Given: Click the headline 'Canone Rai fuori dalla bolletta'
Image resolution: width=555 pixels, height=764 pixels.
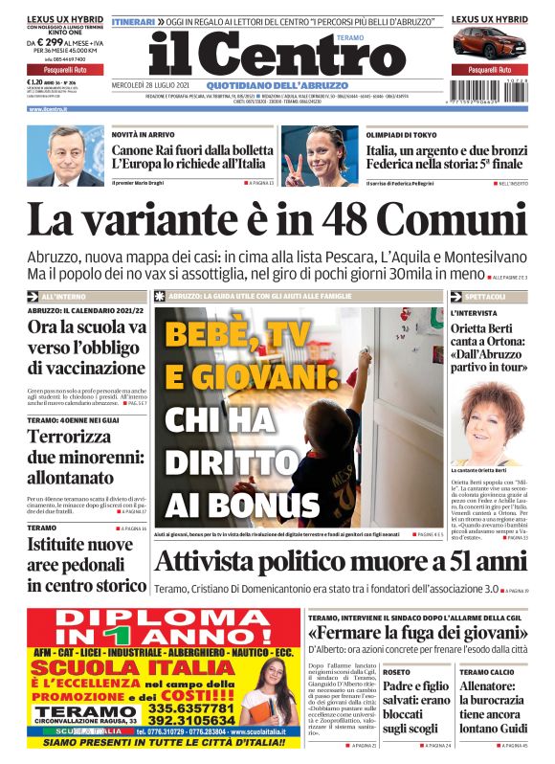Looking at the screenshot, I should (x=189, y=151).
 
